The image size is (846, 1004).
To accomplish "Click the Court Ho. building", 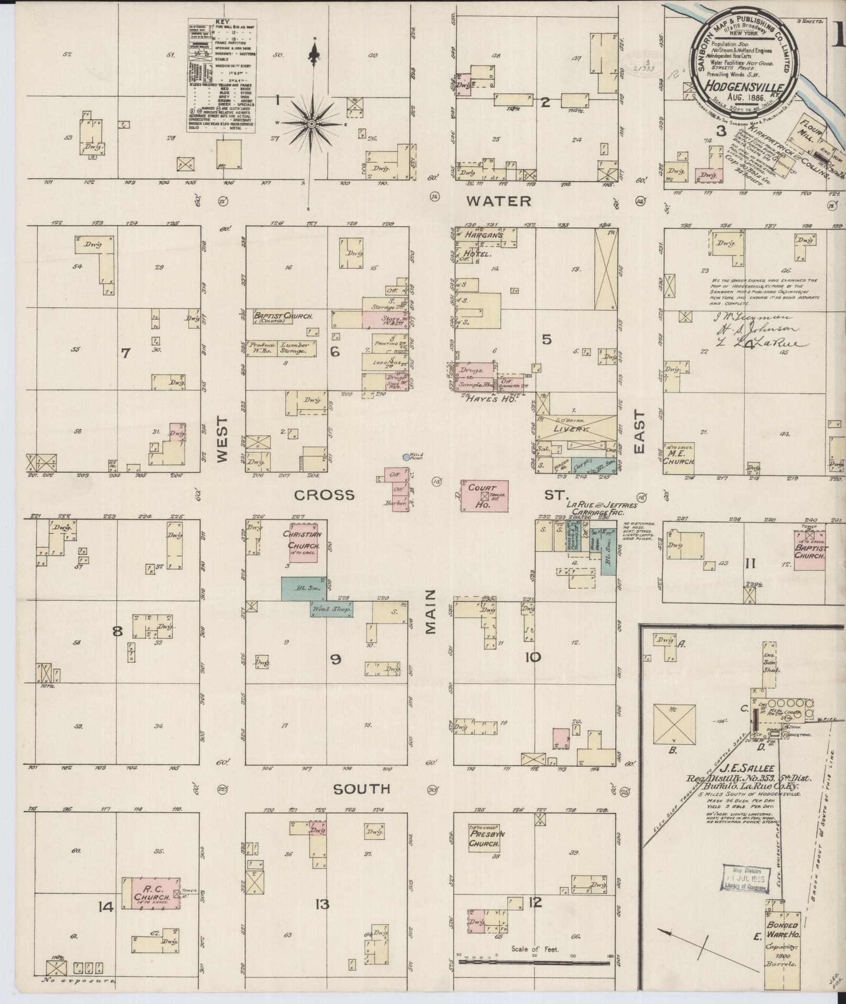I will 485,496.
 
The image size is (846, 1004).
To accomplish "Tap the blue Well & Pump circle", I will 406,458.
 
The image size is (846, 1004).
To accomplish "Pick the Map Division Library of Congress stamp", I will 745,879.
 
